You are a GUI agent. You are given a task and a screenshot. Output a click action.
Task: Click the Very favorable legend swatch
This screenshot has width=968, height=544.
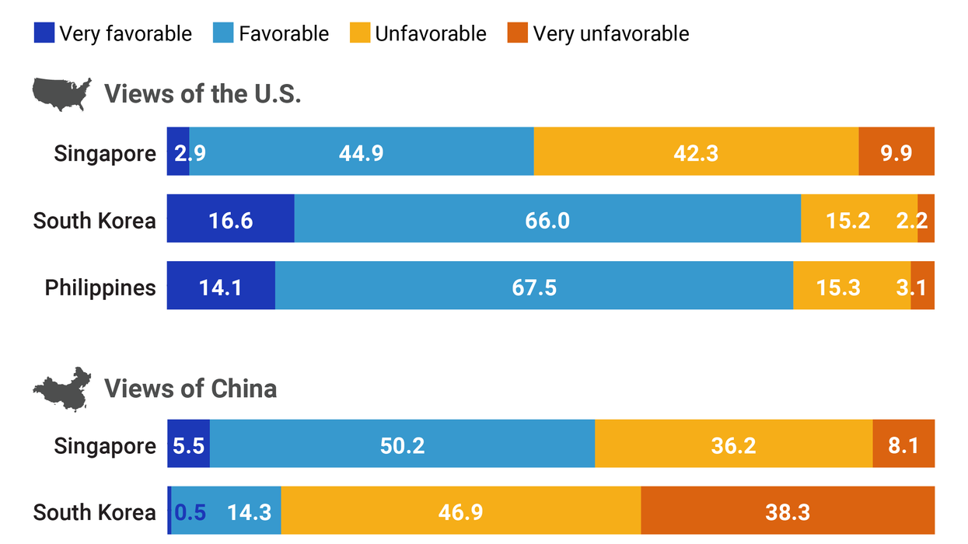pyautogui.click(x=44, y=33)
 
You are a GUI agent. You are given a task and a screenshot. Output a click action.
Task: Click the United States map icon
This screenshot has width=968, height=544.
pyautogui.click(x=61, y=93)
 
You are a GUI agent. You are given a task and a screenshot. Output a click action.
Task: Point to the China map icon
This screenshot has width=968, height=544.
pyautogui.click(x=61, y=389)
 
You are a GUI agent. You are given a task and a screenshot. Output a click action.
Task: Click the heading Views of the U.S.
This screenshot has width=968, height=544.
pyautogui.click(x=202, y=94)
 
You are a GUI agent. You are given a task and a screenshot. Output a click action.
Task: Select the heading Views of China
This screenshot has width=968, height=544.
pyautogui.click(x=190, y=388)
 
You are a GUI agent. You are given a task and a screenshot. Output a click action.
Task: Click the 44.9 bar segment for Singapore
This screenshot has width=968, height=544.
pyautogui.click(x=362, y=152)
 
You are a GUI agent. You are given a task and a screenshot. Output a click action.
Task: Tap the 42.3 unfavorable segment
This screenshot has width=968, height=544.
pyautogui.click(x=696, y=152)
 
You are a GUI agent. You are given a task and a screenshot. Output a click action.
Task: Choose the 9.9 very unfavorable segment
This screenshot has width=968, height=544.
pyautogui.click(x=896, y=152)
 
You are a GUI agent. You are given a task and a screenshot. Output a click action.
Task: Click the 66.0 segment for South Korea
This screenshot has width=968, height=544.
pyautogui.click(x=547, y=220)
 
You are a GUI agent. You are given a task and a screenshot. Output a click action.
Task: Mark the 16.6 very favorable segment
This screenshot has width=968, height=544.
pyautogui.click(x=230, y=220)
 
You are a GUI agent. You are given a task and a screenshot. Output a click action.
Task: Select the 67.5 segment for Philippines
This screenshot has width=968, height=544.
pyautogui.click(x=534, y=287)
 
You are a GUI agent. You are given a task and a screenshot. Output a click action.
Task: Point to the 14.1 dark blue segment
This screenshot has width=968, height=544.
pyautogui.click(x=221, y=287)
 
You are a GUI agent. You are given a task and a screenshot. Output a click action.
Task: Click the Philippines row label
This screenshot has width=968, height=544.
pyautogui.click(x=100, y=288)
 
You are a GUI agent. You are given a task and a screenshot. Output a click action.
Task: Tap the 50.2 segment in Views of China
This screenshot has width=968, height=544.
pyautogui.click(x=402, y=445)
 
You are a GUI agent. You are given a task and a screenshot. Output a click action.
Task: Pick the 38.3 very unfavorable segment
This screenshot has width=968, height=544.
pyautogui.click(x=788, y=511)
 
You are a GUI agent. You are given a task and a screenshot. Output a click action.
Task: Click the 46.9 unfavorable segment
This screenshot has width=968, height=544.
pyautogui.click(x=460, y=511)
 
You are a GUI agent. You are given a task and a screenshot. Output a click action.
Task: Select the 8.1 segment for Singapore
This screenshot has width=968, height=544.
pyautogui.click(x=903, y=445)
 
